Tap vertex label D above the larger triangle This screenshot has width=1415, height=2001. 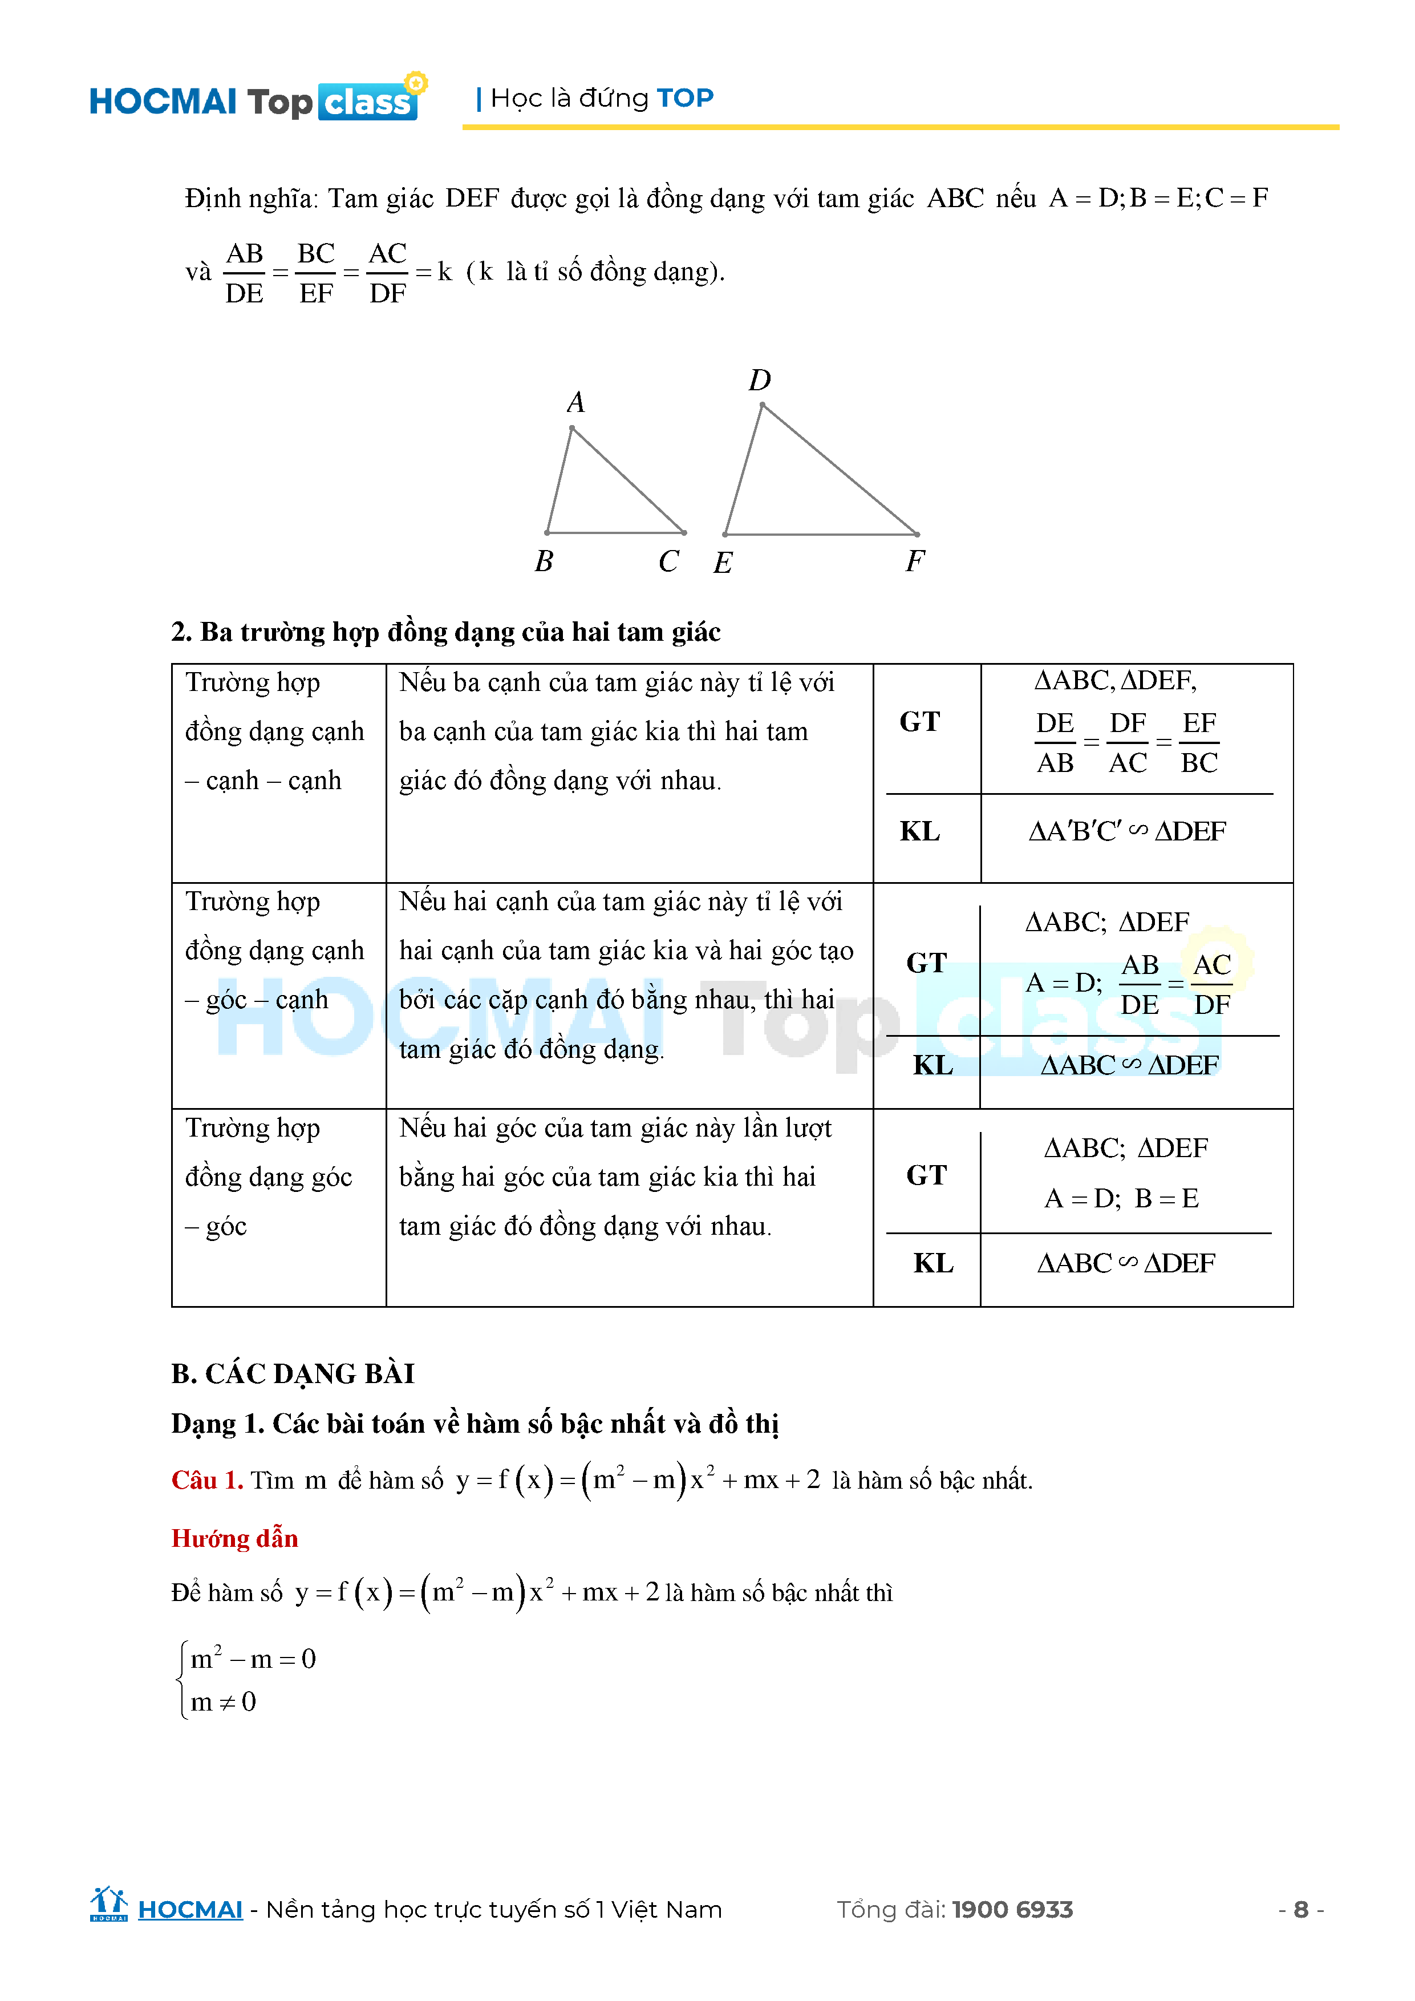tap(760, 380)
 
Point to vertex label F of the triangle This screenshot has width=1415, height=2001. tap(915, 560)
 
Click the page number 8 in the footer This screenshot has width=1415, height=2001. tap(1301, 1910)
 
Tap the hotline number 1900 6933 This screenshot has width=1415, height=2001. tap(1012, 1910)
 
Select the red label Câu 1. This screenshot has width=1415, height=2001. tap(206, 1480)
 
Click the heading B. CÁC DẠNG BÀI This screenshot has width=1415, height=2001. tap(293, 1373)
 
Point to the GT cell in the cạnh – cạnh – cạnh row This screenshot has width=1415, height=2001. tap(920, 722)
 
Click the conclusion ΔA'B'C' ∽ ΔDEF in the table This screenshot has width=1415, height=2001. tap(1126, 831)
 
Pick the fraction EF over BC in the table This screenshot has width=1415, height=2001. tap(1199, 742)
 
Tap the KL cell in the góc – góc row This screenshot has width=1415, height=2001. tap(933, 1263)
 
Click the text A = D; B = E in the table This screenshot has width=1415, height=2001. tap(1121, 1198)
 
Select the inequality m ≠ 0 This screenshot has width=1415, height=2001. tap(223, 1701)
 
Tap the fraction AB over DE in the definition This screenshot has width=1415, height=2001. tap(244, 273)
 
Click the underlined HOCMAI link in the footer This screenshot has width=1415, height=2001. tap(190, 1910)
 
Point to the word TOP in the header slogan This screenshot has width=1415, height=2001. tap(685, 98)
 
